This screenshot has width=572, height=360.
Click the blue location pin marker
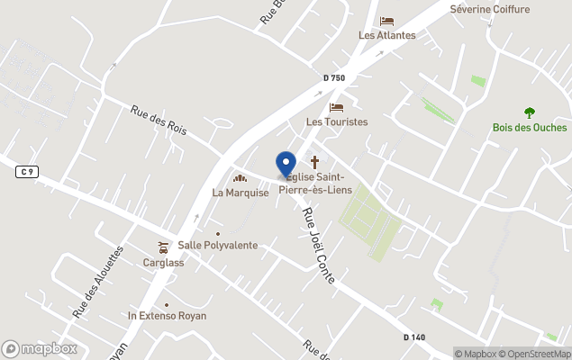286,165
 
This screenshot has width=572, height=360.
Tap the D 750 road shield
334,78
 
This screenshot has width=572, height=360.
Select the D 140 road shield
414,337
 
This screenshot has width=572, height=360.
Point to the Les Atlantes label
387,35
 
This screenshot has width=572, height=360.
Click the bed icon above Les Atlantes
387,21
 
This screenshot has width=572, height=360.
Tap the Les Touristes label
337,121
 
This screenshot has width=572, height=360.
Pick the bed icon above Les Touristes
337,107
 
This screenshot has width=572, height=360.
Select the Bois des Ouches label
530,127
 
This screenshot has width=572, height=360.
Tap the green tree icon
530,112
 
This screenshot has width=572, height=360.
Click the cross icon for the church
315,162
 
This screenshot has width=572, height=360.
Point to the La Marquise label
241,192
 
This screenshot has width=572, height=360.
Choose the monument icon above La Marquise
241,177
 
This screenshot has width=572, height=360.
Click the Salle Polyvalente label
218,245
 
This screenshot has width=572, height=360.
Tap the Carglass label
163,263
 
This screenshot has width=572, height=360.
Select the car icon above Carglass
163,247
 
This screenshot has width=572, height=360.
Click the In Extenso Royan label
167,316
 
